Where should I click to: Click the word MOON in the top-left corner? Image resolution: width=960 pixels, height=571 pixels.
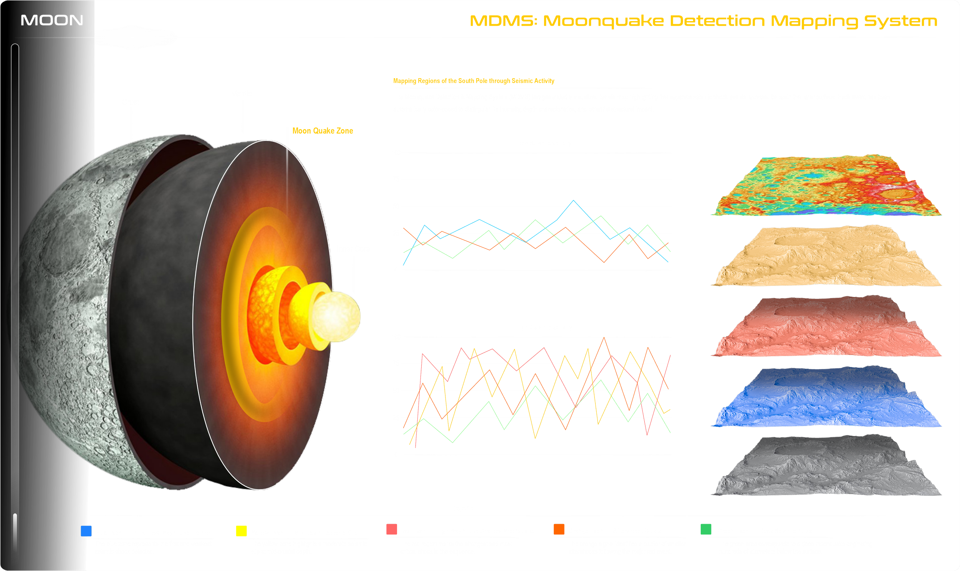[x=52, y=20]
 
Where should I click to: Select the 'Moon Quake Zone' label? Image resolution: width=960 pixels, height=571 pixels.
[x=323, y=131]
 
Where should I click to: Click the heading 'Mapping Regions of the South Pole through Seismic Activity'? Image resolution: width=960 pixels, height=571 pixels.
[x=473, y=81]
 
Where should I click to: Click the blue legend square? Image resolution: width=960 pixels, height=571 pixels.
[x=86, y=531]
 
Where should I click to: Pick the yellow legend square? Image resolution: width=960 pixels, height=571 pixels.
[x=242, y=531]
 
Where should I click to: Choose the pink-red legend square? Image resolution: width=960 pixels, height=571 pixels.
[x=391, y=529]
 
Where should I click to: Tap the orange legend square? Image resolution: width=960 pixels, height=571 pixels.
[x=559, y=529]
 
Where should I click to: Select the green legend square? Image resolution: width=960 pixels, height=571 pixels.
[x=705, y=529]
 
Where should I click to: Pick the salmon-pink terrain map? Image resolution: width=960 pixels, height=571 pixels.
[x=828, y=327]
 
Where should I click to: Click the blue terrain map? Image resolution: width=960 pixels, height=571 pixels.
[x=828, y=398]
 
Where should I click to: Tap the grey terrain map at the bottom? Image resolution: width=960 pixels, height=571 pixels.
[x=828, y=467]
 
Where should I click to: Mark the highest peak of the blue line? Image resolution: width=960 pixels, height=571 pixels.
[x=574, y=200]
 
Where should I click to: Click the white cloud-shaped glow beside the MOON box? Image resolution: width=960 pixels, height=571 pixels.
[x=135, y=37]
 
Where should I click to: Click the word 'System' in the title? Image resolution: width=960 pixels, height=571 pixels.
[x=901, y=21]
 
